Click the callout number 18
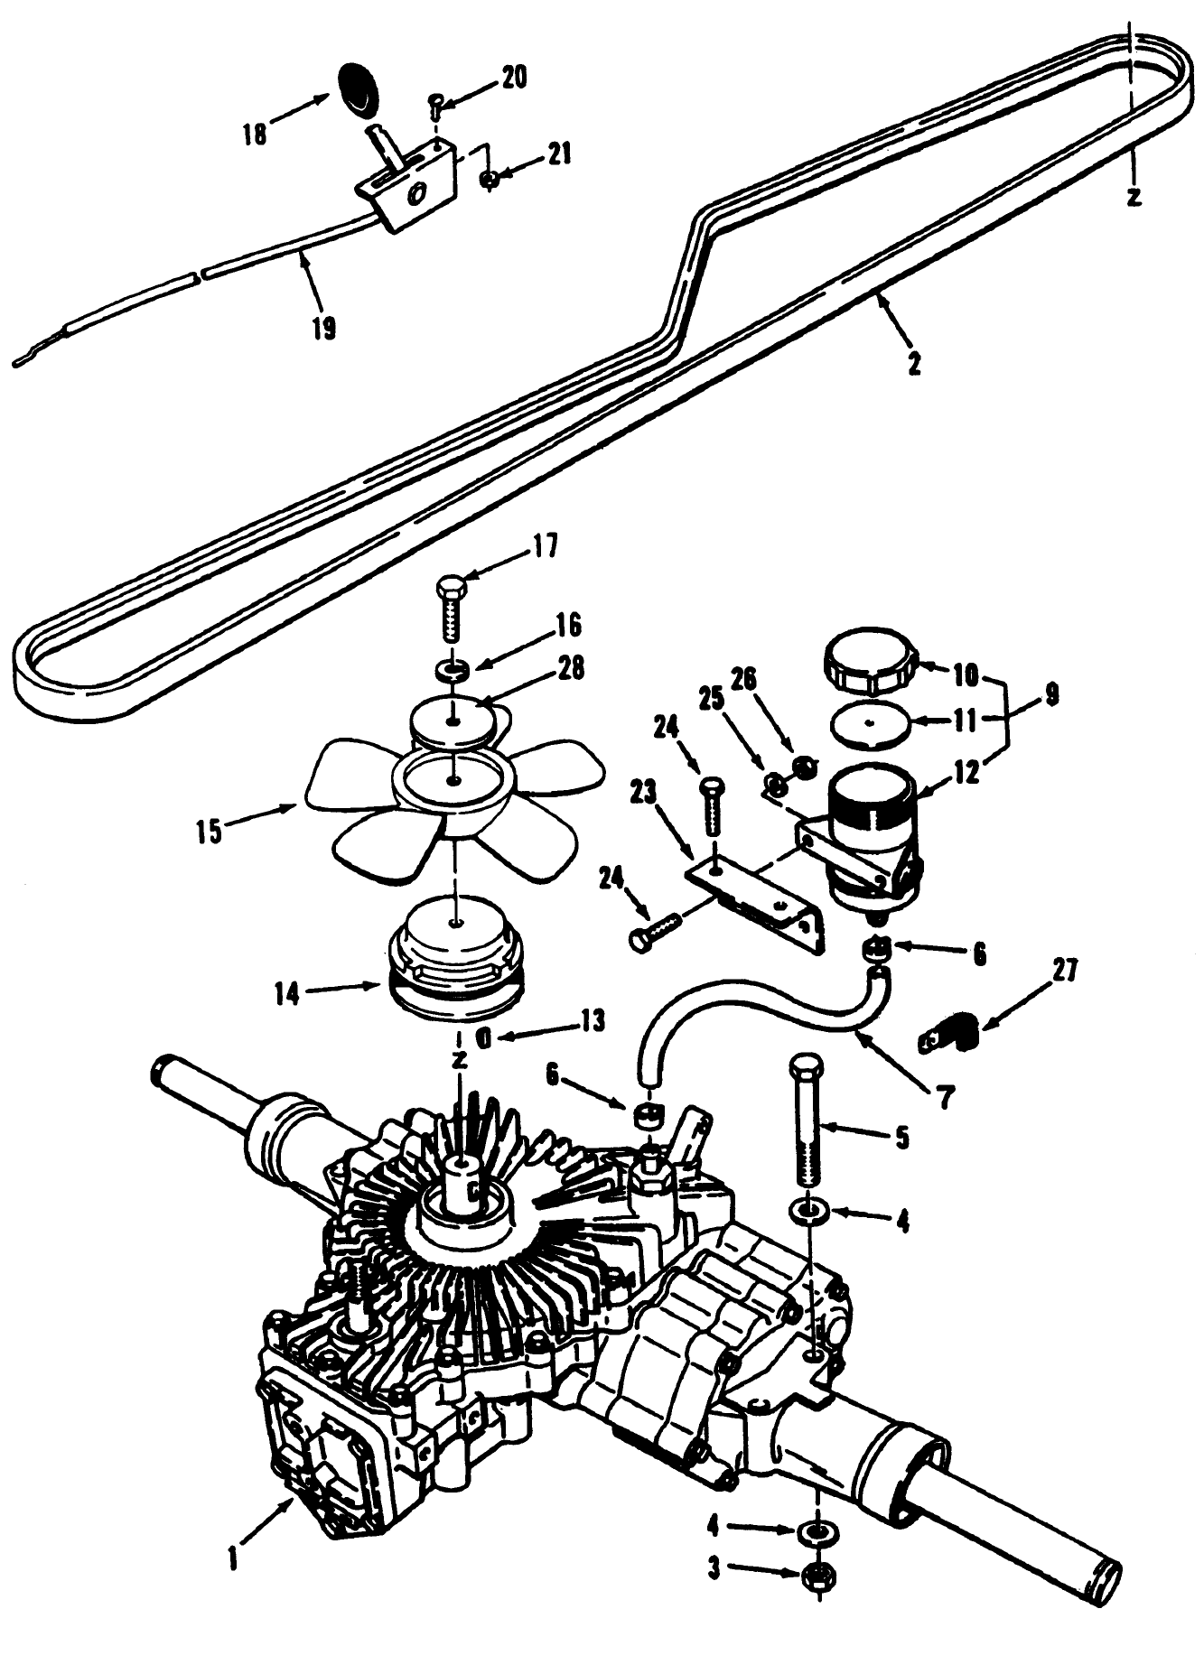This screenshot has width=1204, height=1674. coord(256,135)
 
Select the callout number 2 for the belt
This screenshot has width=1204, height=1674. coord(914,364)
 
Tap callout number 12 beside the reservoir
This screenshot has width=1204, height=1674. coord(965,775)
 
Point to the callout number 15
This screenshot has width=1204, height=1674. coord(210,831)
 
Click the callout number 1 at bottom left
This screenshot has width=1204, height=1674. coord(233,1558)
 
